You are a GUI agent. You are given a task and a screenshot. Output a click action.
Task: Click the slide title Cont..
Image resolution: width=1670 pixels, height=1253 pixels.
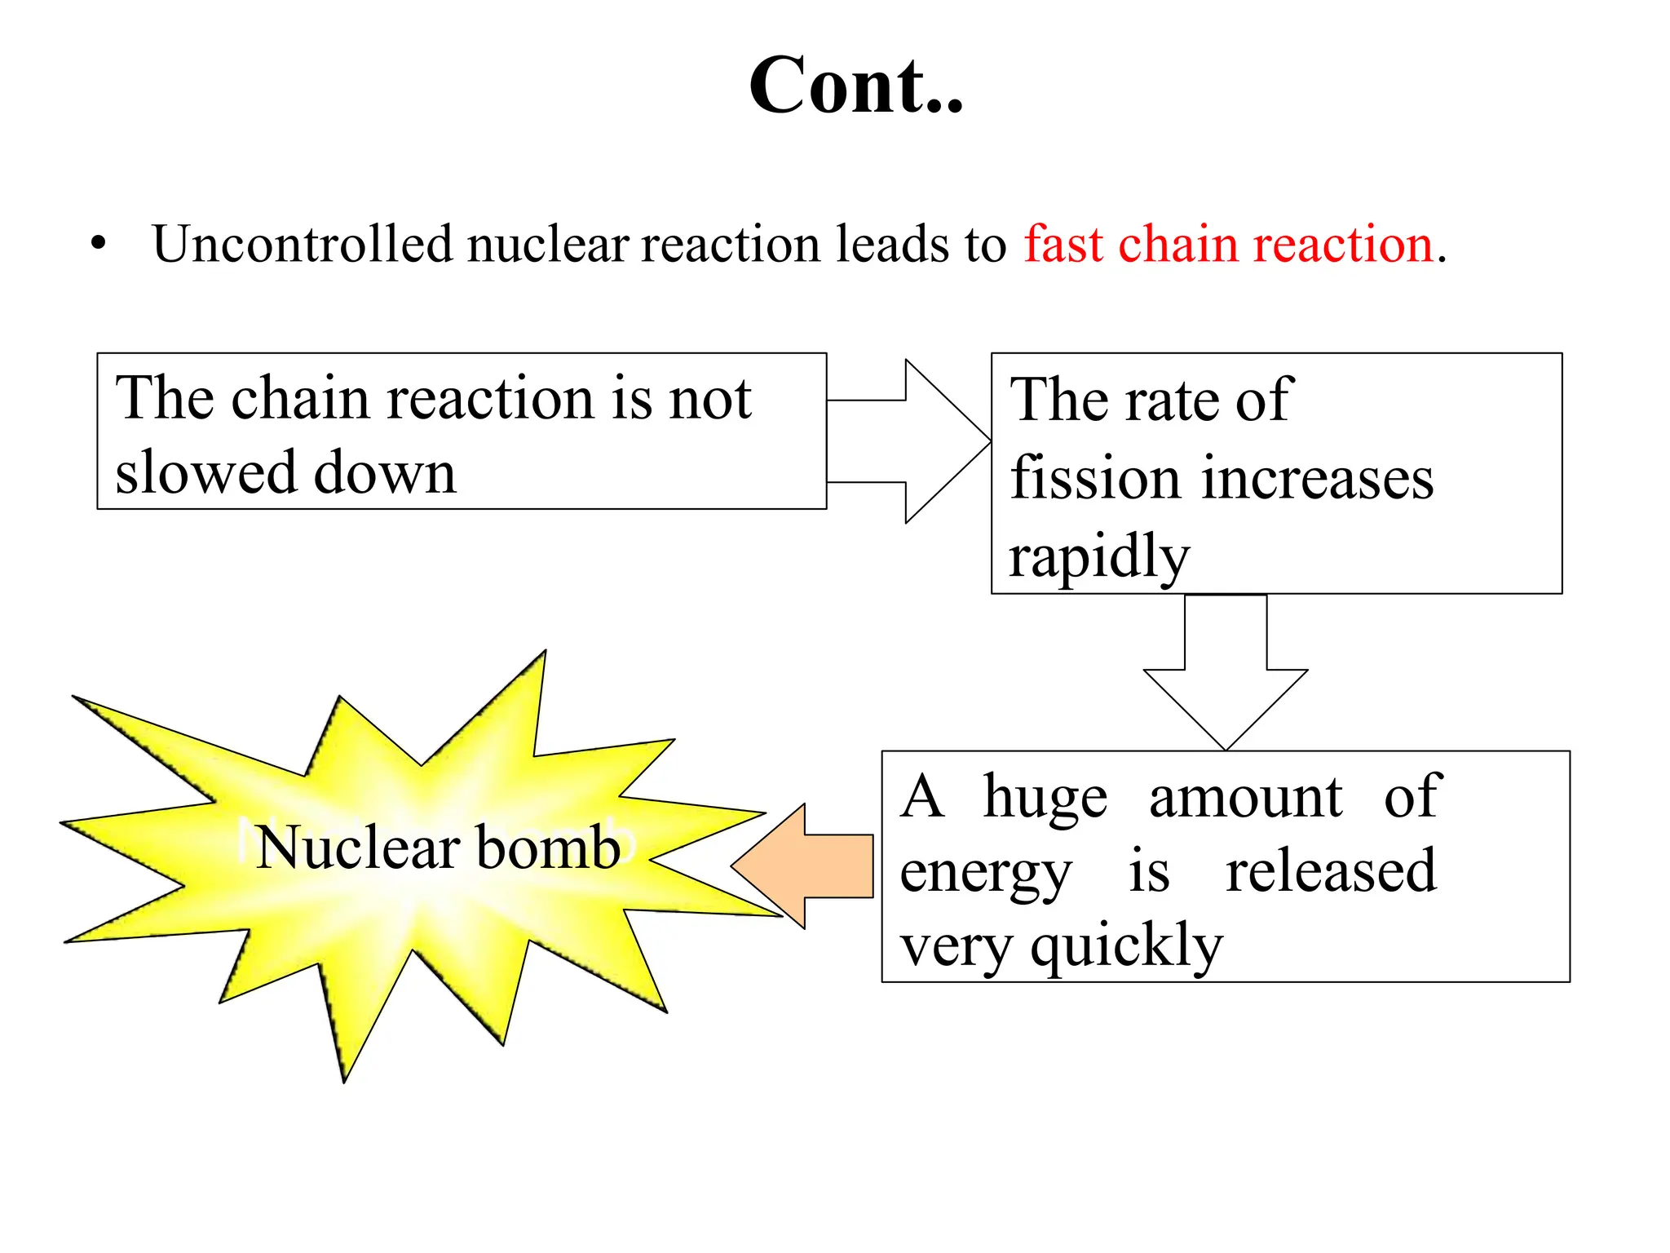[856, 86]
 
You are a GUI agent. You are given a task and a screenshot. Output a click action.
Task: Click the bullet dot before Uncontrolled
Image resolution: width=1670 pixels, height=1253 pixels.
[99, 243]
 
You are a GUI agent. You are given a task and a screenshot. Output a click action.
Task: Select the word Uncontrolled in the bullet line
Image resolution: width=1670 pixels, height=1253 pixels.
[302, 244]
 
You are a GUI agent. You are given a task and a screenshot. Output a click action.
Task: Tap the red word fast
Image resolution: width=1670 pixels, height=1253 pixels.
[1063, 244]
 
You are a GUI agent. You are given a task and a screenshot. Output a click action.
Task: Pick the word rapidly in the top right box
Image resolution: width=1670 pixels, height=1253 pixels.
[1099, 558]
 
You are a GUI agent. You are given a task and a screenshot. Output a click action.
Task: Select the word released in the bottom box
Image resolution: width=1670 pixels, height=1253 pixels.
[1331, 871]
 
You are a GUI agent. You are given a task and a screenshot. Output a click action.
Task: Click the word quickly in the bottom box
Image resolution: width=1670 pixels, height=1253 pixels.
[1127, 946]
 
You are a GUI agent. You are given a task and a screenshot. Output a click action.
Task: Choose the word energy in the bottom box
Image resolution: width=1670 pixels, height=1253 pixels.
[986, 873]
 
